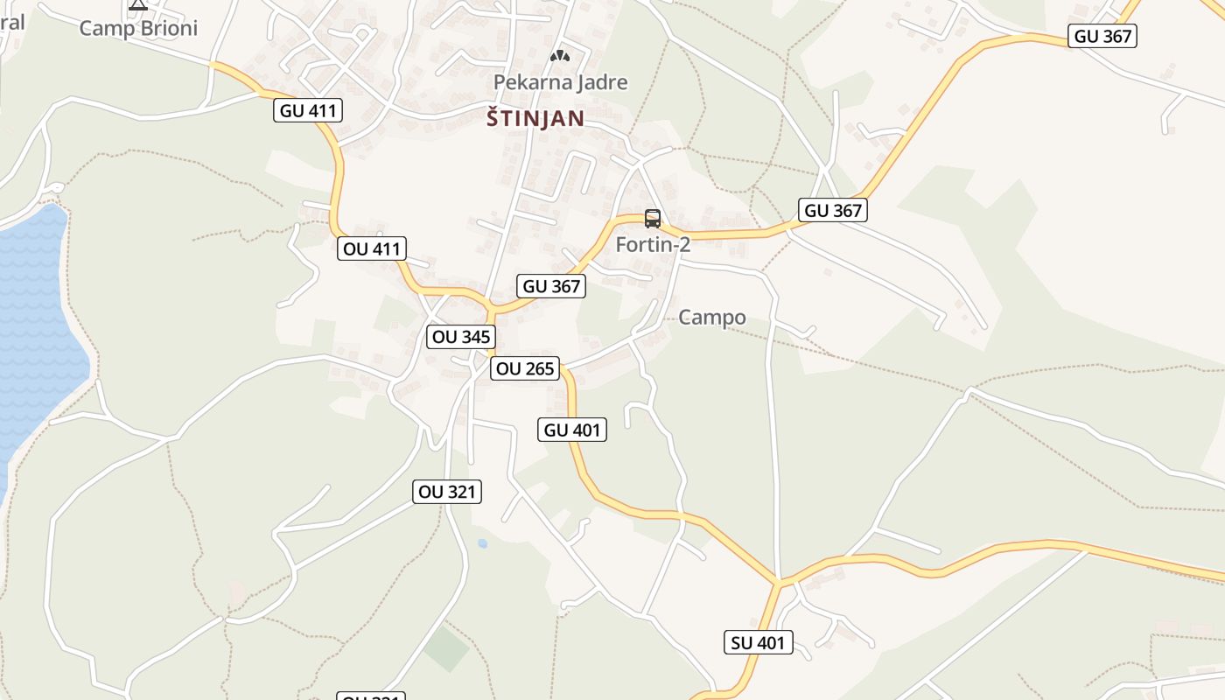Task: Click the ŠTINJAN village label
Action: pyautogui.click(x=535, y=119)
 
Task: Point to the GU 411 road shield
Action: pyautogui.click(x=308, y=110)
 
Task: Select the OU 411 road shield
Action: pyautogui.click(x=372, y=248)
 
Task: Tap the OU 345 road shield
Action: pyautogui.click(x=461, y=337)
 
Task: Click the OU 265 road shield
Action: pyautogui.click(x=525, y=368)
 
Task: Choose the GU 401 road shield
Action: pyautogui.click(x=572, y=430)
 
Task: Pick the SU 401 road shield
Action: pyautogui.click(x=759, y=643)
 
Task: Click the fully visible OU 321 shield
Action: pyautogui.click(x=447, y=492)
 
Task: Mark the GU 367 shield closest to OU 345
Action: pyautogui.click(x=551, y=286)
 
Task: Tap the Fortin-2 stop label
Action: pyautogui.click(x=653, y=245)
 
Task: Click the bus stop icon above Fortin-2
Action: pyautogui.click(x=653, y=218)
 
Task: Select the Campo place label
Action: pyautogui.click(x=712, y=318)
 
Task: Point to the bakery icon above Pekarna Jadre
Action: pyautogui.click(x=559, y=57)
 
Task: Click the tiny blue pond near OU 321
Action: pyautogui.click(x=482, y=543)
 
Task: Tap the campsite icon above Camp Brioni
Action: pyautogui.click(x=138, y=3)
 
